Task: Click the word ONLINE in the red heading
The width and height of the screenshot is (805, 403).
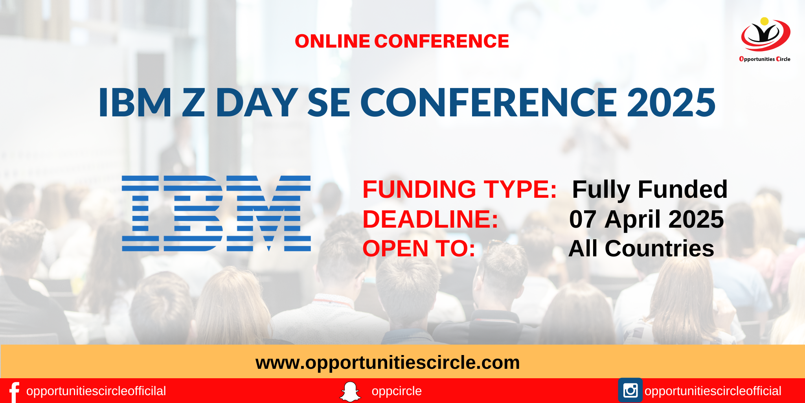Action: (x=332, y=41)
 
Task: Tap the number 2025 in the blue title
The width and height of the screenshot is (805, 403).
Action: (x=671, y=103)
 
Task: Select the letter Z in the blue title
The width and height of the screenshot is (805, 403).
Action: (x=193, y=103)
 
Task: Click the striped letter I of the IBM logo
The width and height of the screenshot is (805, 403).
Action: (x=140, y=213)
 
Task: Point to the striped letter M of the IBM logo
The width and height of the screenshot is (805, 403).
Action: (x=269, y=213)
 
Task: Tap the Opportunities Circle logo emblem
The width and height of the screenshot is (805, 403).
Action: (x=765, y=36)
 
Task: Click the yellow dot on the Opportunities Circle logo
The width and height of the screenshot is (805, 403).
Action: (x=765, y=21)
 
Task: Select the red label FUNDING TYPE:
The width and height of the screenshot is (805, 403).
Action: (x=459, y=190)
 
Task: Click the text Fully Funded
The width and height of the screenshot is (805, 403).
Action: (x=650, y=190)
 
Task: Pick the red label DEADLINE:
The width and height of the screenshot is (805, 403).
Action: (x=430, y=219)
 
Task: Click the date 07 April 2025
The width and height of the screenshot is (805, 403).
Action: (x=647, y=219)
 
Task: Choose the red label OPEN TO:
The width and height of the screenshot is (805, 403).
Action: (x=419, y=248)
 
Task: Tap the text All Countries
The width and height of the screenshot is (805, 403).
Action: (x=641, y=248)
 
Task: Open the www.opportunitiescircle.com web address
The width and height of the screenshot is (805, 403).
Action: (x=388, y=362)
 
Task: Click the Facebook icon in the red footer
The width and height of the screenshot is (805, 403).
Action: (x=14, y=392)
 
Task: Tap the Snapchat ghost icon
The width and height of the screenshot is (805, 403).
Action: (x=350, y=392)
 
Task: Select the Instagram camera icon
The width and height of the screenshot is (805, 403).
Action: (x=630, y=390)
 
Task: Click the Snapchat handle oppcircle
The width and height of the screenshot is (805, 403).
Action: (x=397, y=391)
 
